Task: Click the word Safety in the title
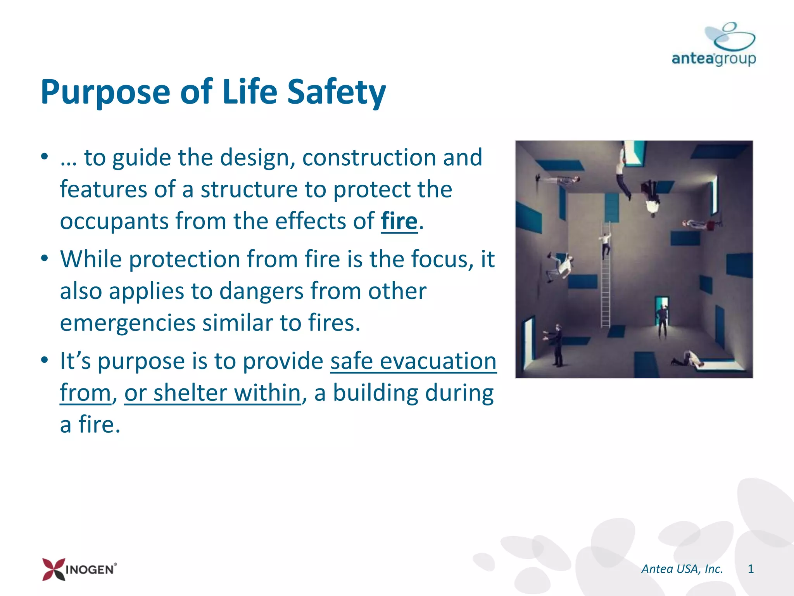[337, 92]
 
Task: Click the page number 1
[751, 569]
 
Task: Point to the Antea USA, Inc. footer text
[682, 569]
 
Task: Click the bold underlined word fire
[399, 221]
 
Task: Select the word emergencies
[128, 323]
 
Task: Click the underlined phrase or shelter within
[212, 393]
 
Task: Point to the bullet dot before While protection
[45, 258]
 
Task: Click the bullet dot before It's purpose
[45, 360]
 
